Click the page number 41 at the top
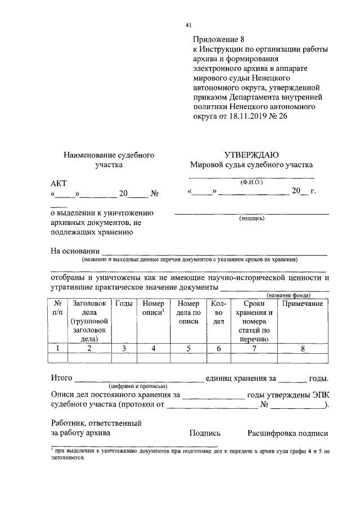(188, 25)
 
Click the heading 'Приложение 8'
(219, 39)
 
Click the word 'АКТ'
(58, 184)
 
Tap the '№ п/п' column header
(58, 308)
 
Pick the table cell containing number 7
(254, 349)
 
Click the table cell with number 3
(124, 349)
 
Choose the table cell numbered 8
(302, 349)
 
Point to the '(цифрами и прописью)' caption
(137, 386)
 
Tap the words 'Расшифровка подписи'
(287, 433)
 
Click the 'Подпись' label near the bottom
(205, 433)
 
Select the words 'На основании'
(75, 251)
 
